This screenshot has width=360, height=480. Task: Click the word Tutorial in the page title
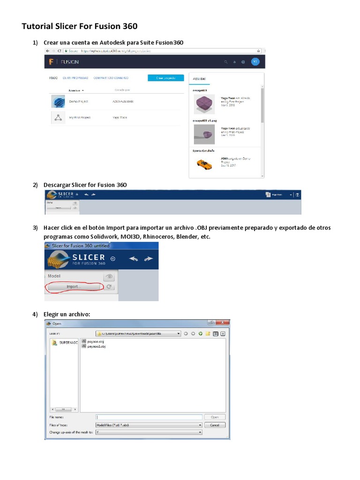coord(38,26)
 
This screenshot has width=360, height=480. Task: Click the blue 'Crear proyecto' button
coord(165,78)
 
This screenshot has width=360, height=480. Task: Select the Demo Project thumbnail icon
coord(58,101)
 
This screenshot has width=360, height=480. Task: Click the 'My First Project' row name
coord(79,118)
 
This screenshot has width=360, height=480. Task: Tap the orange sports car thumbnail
coord(203,164)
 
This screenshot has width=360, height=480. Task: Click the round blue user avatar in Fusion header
coord(255,62)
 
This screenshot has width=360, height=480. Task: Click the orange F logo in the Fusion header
coord(51,62)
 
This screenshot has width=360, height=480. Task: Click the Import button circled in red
coord(74,286)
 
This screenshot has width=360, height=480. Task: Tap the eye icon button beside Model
coord(109,277)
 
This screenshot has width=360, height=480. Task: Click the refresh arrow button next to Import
coord(109,286)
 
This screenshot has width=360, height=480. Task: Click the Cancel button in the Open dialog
coord(215,425)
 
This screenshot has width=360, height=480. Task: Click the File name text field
coord(149,417)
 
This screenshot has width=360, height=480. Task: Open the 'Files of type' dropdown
coord(149,425)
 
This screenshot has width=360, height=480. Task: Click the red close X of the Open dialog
coord(224,323)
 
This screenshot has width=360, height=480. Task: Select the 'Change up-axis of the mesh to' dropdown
coord(149,432)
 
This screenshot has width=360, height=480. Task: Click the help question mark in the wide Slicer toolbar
coord(297,195)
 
